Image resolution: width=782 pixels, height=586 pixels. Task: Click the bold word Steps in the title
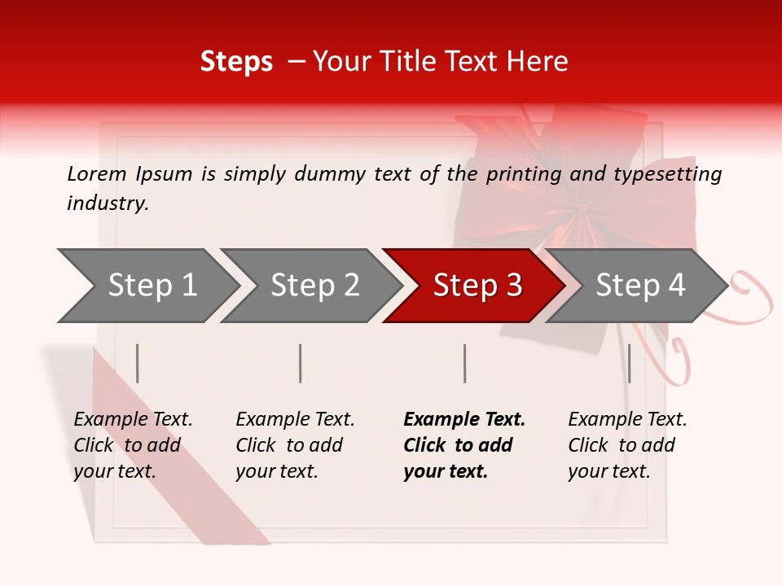tap(236, 62)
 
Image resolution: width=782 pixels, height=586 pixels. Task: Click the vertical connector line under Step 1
tap(138, 363)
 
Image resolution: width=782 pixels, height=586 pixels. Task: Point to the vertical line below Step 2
tap(301, 363)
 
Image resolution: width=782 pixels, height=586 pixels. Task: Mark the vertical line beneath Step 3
tap(464, 363)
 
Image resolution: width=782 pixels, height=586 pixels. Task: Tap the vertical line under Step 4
tap(629, 363)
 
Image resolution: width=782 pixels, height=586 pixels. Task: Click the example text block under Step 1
tap(133, 445)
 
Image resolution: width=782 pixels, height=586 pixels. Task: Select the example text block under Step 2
tap(295, 445)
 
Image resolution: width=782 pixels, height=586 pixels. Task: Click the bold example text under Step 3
tap(464, 445)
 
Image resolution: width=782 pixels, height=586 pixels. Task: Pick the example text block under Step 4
tap(627, 445)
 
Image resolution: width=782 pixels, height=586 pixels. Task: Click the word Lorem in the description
tap(97, 173)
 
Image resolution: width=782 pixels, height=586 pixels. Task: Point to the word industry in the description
tap(108, 203)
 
